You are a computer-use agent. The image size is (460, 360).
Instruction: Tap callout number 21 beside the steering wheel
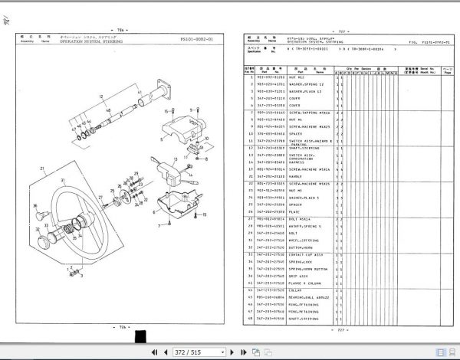(x=44, y=168)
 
